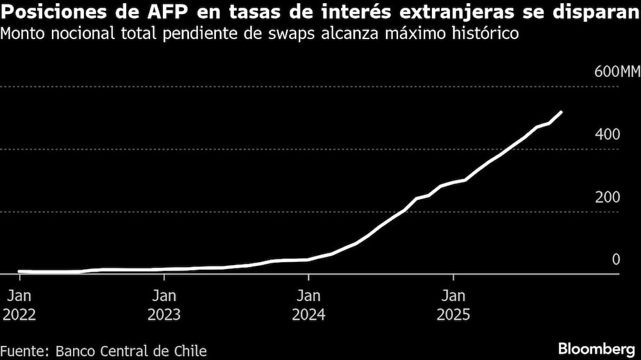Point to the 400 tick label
tap(608, 135)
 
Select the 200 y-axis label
tap(608, 197)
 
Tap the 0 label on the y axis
tap(616, 259)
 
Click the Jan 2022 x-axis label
tap(20, 306)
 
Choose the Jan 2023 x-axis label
tap(164, 306)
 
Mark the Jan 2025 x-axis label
tap(453, 306)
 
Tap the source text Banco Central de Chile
tap(131, 351)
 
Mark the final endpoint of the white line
tap(562, 112)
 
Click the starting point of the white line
tap(19, 272)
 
